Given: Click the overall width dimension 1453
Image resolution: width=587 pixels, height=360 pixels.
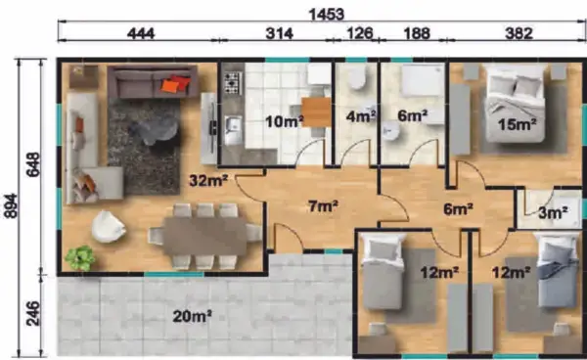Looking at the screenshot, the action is (326, 15).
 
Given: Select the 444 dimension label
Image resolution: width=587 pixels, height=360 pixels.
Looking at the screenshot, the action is (141, 33).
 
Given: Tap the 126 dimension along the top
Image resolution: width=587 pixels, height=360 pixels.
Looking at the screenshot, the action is (360, 33).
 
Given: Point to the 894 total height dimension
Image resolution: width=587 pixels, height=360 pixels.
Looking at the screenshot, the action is (11, 205).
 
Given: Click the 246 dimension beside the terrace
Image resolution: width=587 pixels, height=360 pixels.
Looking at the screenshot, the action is (32, 313).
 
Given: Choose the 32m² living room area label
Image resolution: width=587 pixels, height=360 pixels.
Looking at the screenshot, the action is (208, 181).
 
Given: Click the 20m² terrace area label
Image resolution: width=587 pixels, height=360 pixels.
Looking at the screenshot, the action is (192, 317).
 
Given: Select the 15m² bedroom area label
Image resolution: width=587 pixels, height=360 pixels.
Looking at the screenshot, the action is (517, 124).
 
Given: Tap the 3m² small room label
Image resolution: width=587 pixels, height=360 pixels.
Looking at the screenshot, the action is (553, 213).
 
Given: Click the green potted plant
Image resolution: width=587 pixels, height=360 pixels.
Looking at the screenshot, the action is (80, 258).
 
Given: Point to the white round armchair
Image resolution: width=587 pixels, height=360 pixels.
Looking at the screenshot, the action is (109, 226).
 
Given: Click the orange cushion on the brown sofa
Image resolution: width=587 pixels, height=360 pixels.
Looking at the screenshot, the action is (170, 86).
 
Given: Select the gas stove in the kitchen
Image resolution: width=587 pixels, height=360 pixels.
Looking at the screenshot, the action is (233, 83).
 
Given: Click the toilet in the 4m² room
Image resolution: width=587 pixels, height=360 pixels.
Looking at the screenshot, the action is (356, 76).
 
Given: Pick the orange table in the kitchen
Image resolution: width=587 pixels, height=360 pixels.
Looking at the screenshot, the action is (316, 112).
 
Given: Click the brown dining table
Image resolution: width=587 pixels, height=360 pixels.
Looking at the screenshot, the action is (205, 236).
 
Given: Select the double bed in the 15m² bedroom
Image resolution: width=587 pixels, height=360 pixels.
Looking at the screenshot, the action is (516, 104).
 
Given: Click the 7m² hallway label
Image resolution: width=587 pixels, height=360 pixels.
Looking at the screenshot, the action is (323, 205).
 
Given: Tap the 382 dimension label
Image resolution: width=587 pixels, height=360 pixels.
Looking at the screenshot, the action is (519, 33).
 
